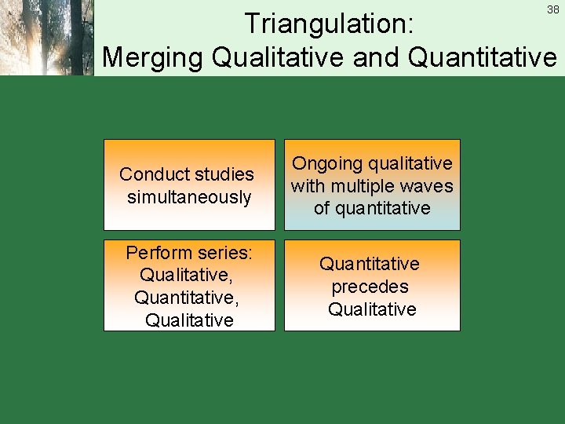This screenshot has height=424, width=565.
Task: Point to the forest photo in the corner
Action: point(47,38)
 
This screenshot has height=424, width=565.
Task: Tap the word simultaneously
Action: point(189,197)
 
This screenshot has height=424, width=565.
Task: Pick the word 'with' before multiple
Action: point(308,186)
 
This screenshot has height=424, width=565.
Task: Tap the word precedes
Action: point(370,287)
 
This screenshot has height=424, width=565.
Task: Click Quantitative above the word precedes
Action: point(370,264)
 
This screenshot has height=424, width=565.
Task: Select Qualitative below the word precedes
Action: point(372,309)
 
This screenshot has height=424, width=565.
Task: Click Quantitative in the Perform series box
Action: point(187,298)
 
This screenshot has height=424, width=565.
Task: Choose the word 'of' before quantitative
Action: point(322,208)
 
